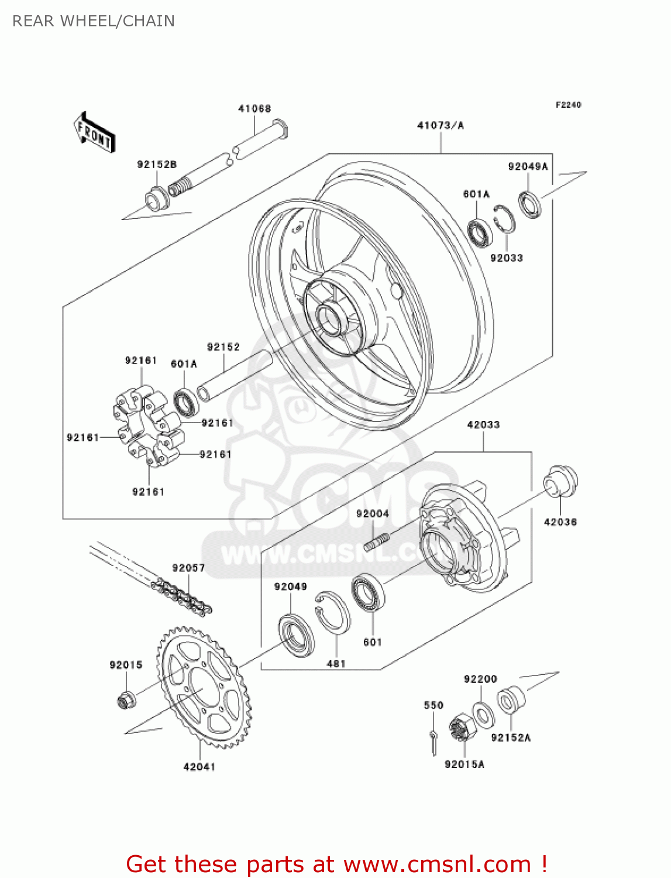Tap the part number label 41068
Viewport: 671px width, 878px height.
254,109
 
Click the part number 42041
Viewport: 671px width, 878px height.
199,767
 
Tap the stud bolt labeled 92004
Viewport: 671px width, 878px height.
376,542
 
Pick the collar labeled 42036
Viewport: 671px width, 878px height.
560,482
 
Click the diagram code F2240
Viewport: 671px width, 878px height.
568,105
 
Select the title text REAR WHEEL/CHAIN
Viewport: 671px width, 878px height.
94,21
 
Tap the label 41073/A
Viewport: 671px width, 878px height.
440,125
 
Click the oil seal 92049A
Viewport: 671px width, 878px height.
529,204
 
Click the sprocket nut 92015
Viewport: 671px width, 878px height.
126,698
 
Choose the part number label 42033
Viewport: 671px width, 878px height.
483,424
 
